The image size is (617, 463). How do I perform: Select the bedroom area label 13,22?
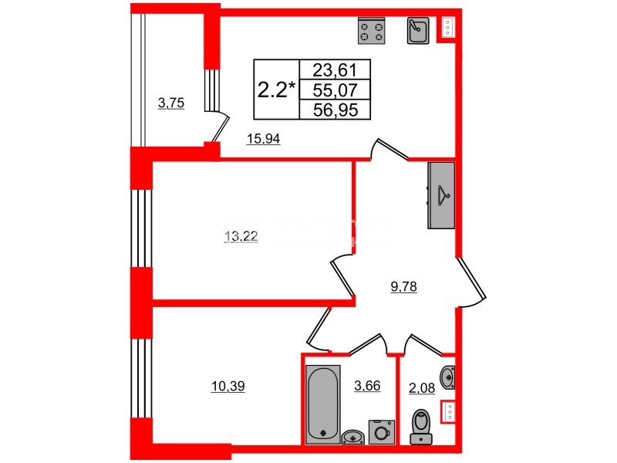(240, 237)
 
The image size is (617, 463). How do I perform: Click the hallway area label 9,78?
(405, 288)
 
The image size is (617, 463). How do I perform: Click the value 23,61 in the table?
(335, 69)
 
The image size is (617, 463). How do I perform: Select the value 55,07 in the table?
(335, 90)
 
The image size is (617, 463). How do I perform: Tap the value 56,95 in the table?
(335, 110)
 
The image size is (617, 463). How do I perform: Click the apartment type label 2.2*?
(276, 90)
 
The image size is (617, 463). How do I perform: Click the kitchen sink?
(418, 30)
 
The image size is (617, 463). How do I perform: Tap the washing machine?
(379, 431)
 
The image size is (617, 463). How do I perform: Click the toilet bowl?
(421, 426)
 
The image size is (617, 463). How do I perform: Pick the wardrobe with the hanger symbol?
(441, 195)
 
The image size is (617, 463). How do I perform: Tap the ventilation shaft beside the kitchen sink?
(447, 29)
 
